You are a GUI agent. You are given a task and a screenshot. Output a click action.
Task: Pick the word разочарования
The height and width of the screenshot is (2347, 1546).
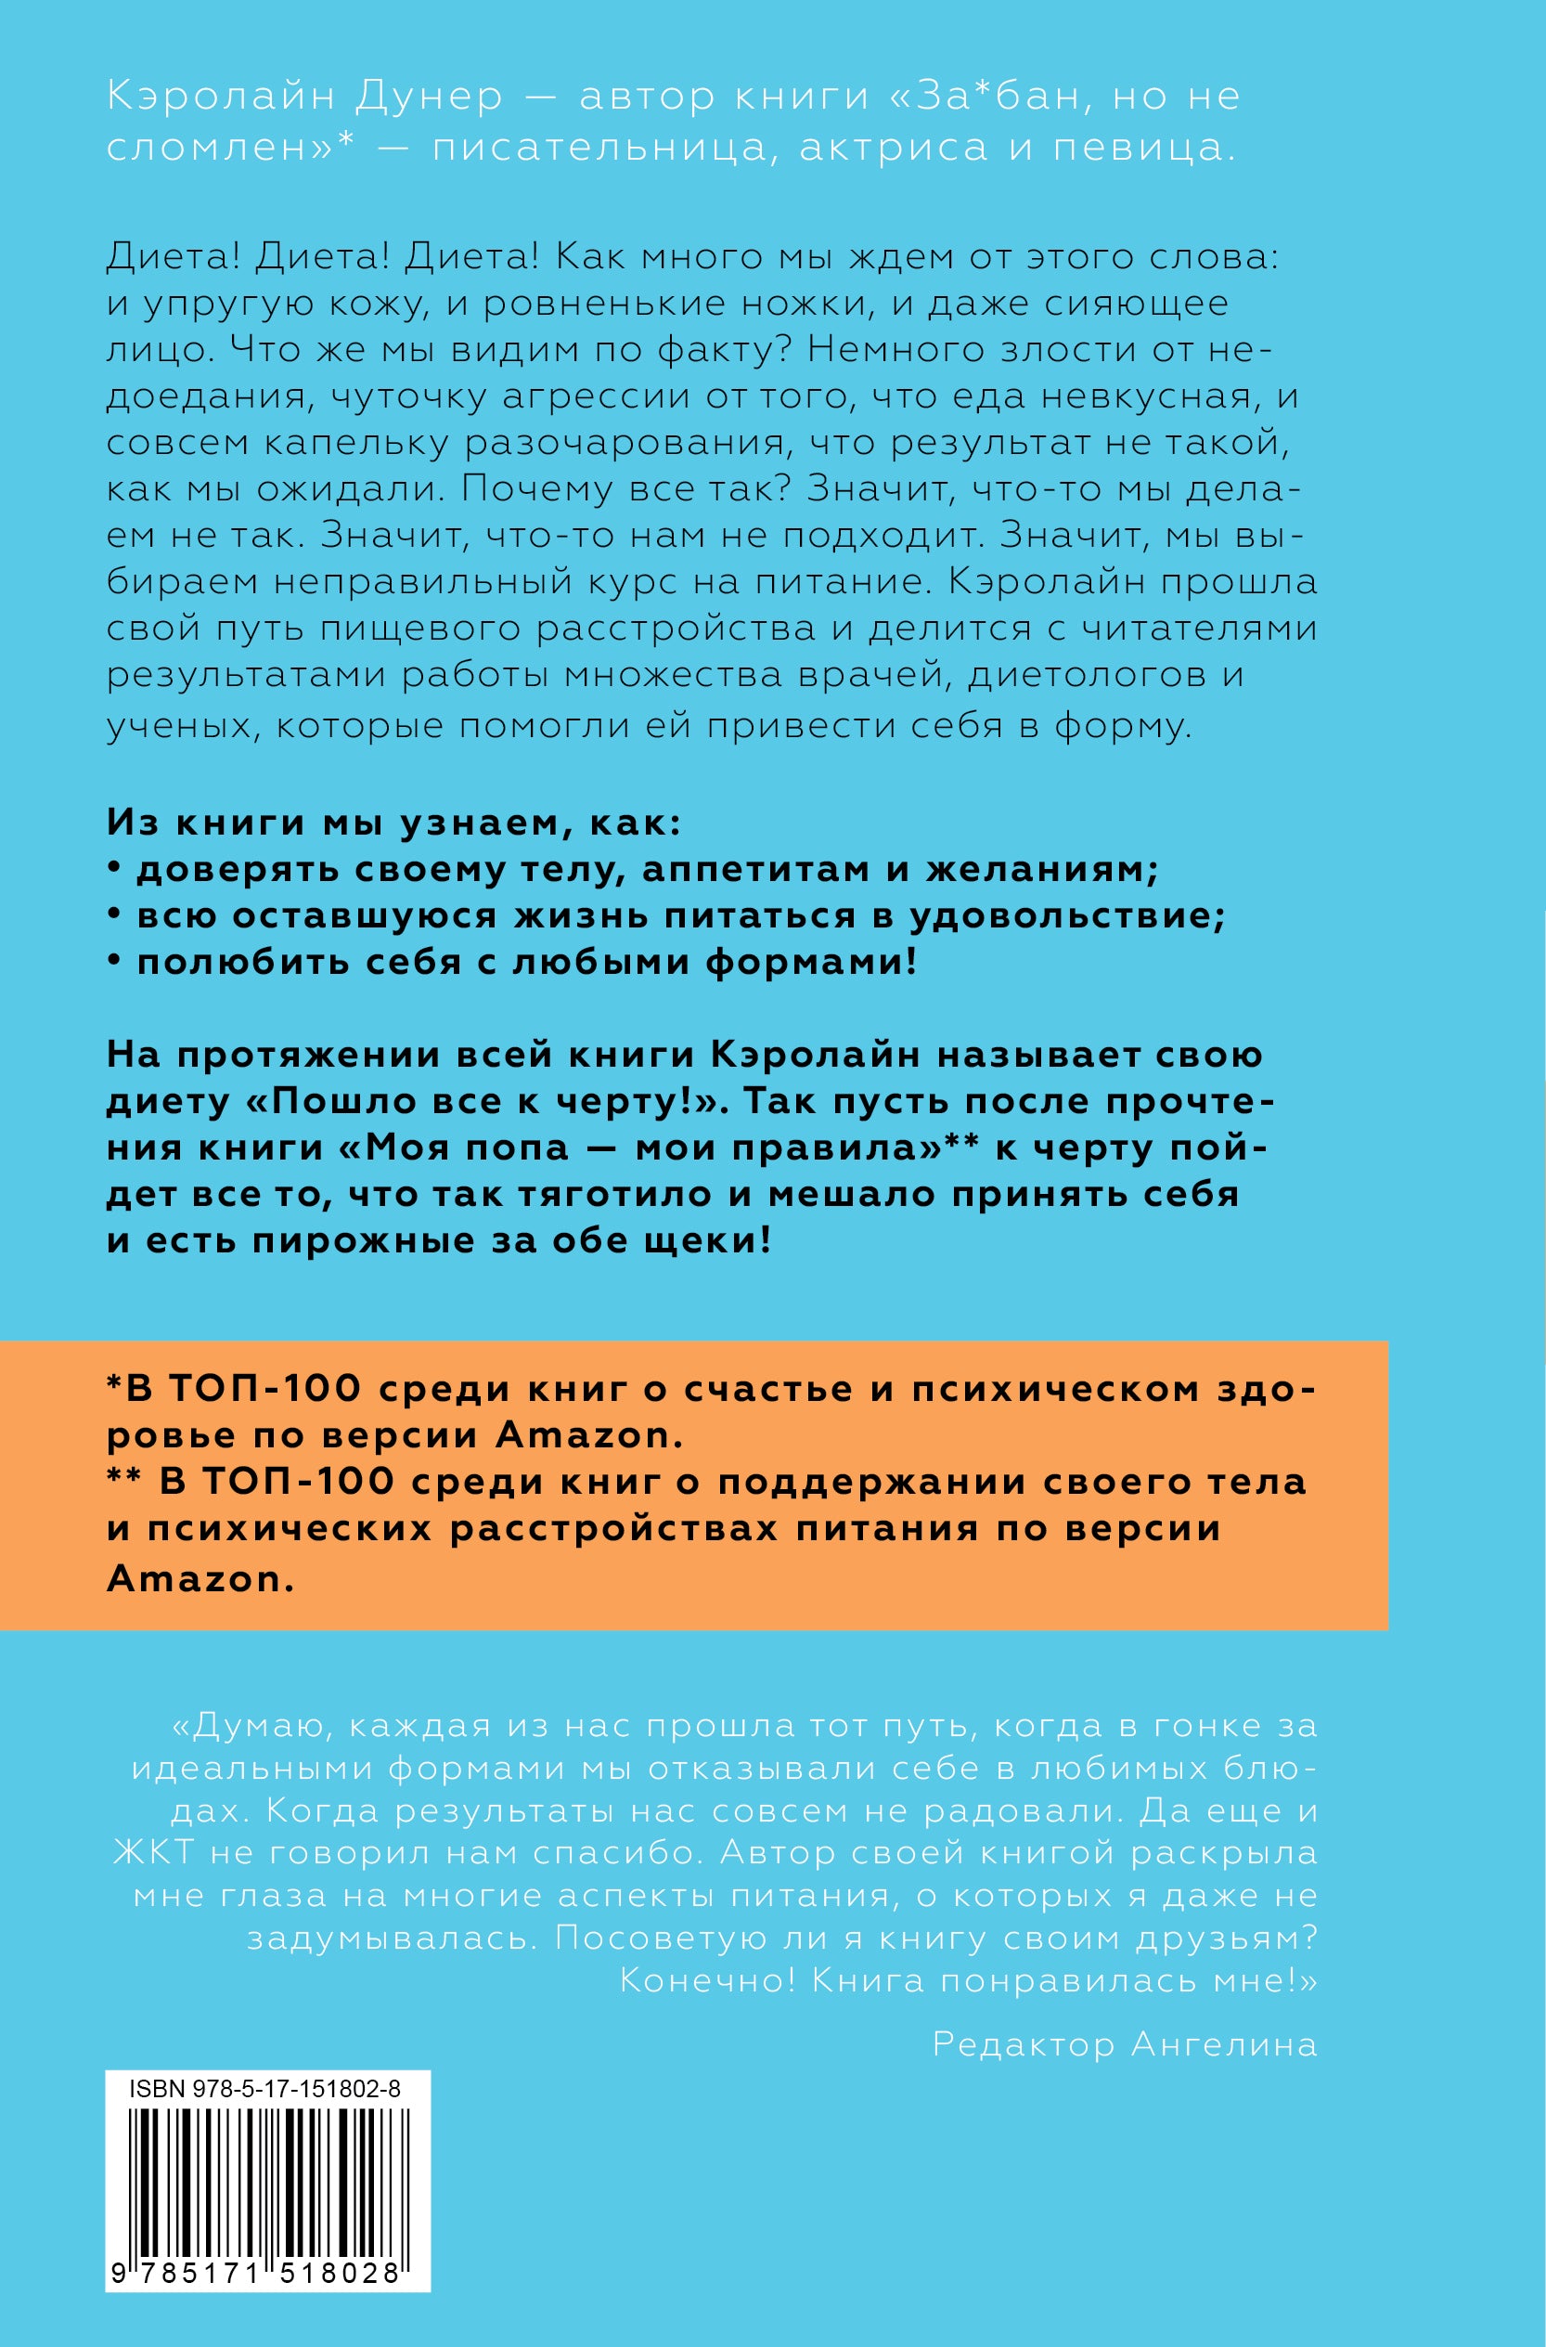click(x=628, y=443)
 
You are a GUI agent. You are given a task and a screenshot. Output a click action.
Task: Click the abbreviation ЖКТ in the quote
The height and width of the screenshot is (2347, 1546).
click(x=154, y=1852)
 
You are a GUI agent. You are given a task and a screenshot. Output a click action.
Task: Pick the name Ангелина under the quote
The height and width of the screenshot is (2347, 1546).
click(x=1224, y=2044)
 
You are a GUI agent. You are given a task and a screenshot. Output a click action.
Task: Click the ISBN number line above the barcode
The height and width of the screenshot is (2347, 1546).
click(x=264, y=2089)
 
